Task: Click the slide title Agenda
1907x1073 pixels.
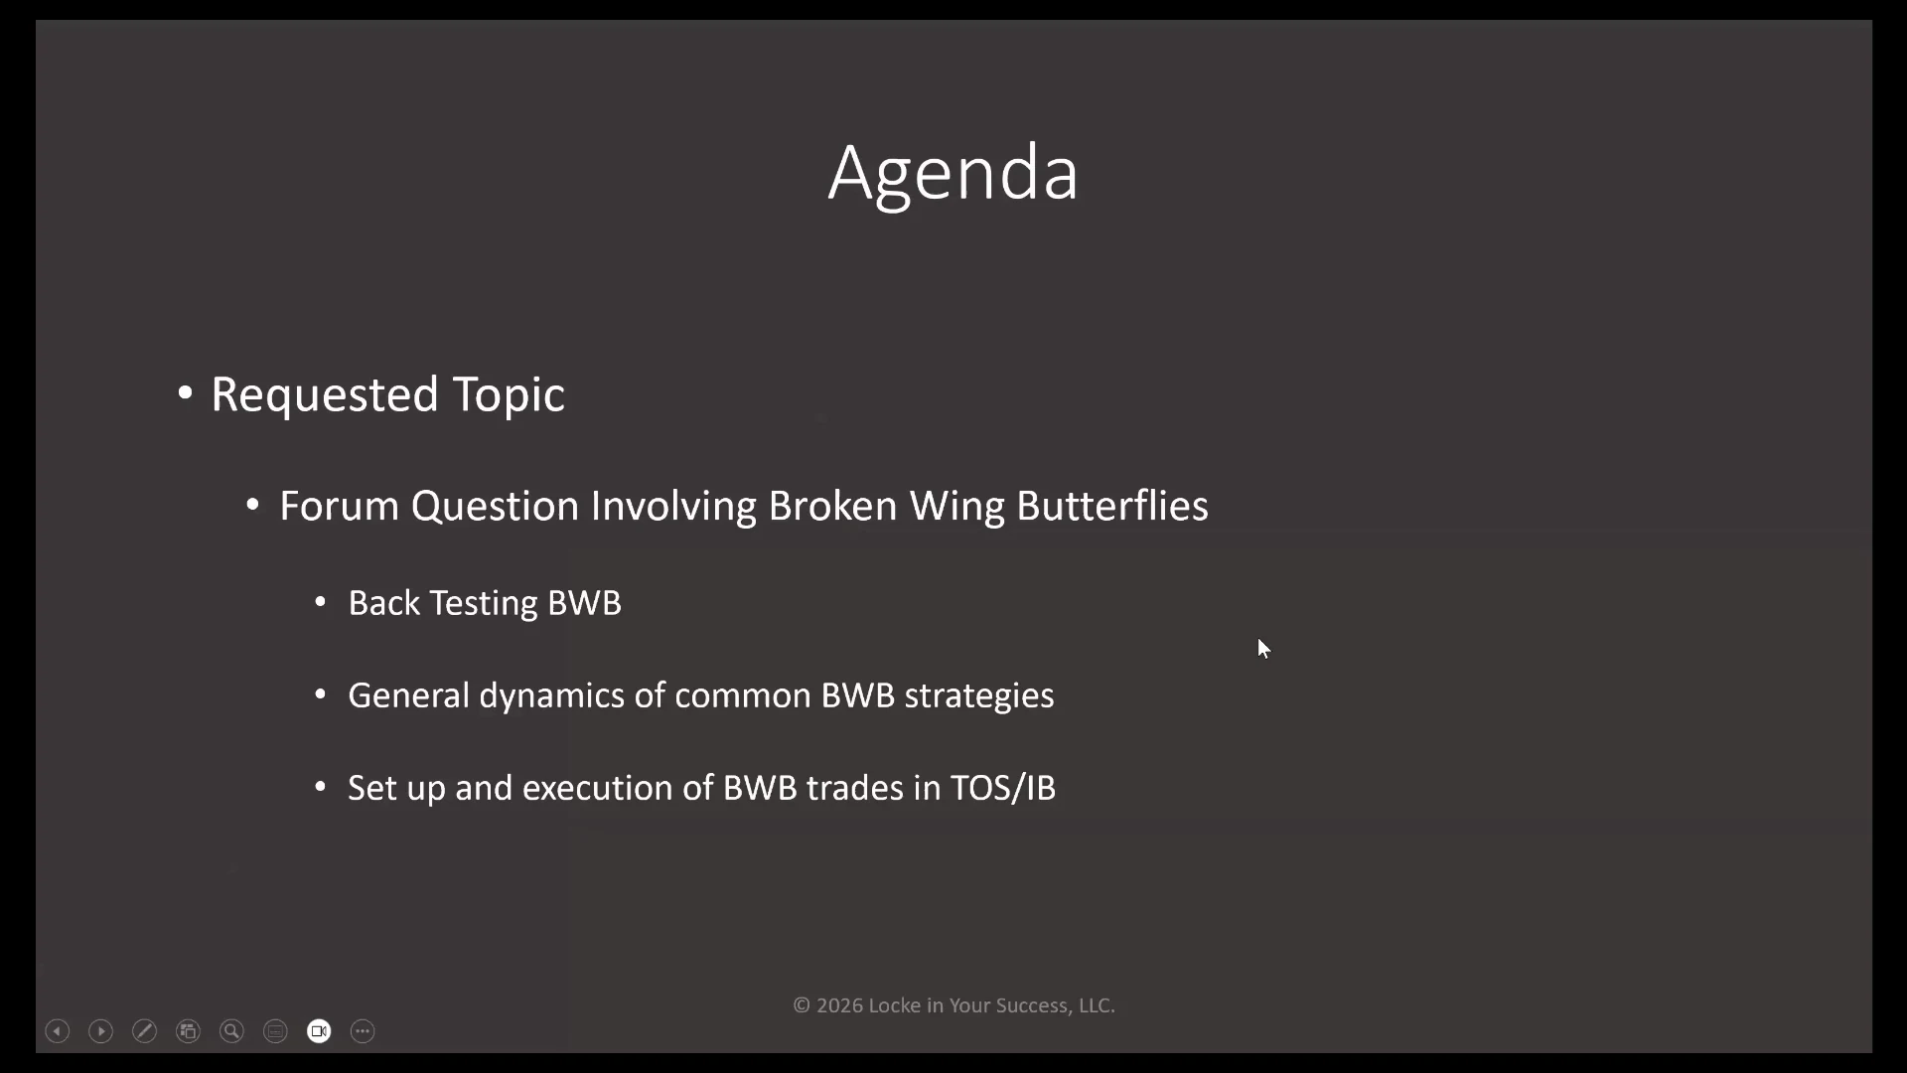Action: [953, 174]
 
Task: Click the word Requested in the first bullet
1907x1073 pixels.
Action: [325, 394]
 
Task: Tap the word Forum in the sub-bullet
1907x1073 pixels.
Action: [339, 506]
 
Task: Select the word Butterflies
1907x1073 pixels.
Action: [1112, 506]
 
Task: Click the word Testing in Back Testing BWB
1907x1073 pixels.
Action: [484, 604]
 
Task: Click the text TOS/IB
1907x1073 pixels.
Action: [1003, 788]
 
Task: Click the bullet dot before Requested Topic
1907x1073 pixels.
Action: [185, 393]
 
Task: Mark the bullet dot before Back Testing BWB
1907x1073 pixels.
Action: [320, 602]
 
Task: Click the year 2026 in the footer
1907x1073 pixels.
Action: [839, 1005]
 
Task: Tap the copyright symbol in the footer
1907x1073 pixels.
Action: [802, 1005]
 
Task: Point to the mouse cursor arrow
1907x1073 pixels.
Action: [1263, 649]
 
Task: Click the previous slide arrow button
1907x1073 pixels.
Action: [58, 1031]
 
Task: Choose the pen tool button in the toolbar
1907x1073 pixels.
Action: [145, 1031]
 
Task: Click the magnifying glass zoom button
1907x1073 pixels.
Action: [232, 1031]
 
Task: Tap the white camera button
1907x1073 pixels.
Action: [320, 1031]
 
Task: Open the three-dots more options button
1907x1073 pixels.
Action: [364, 1031]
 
